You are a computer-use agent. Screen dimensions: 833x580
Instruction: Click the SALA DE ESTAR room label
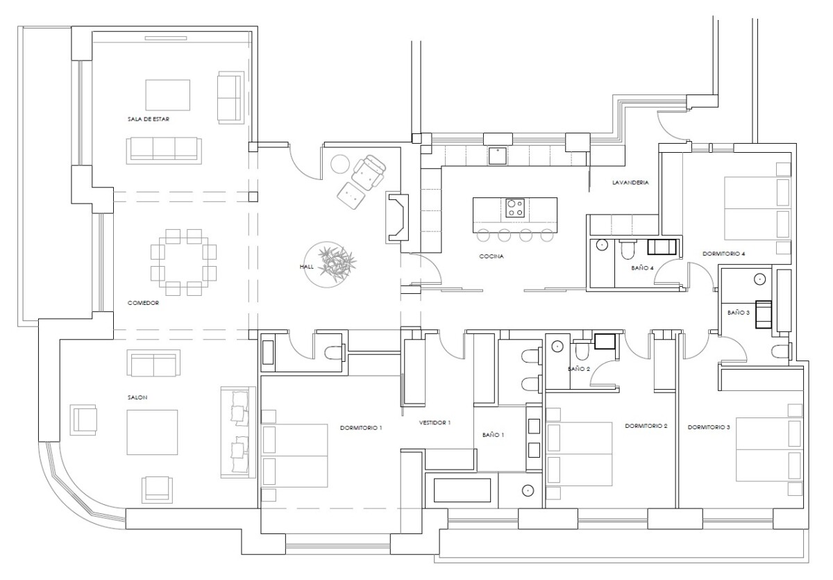(149, 119)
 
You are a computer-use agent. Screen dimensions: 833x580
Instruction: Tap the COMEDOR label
(143, 303)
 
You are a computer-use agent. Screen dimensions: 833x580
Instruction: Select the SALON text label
(137, 397)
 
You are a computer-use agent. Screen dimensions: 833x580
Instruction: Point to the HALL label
(306, 266)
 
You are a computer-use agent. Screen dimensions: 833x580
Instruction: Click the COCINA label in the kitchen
(491, 256)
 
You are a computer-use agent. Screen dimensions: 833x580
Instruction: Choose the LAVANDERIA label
(630, 182)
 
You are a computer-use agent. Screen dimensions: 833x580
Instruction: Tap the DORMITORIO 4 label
(723, 254)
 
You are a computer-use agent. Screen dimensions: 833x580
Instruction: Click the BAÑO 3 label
(739, 313)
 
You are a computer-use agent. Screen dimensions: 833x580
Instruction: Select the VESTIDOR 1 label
(435, 422)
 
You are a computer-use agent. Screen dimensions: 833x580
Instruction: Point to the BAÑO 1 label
(493, 435)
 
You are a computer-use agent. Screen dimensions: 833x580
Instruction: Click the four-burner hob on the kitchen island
(515, 208)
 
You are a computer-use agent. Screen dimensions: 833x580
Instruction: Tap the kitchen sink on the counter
(498, 156)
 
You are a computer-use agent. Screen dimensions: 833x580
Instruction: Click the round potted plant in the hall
(328, 265)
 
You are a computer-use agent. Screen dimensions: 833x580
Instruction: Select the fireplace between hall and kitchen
(398, 218)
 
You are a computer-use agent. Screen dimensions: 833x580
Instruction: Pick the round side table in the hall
(340, 164)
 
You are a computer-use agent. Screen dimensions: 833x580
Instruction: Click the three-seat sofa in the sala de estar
(164, 150)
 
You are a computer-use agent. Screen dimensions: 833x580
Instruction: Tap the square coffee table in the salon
(152, 432)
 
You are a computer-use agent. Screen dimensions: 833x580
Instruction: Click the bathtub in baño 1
(462, 490)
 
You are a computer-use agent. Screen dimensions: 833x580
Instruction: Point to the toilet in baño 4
(628, 250)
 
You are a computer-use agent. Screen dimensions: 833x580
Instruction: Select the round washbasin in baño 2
(557, 346)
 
